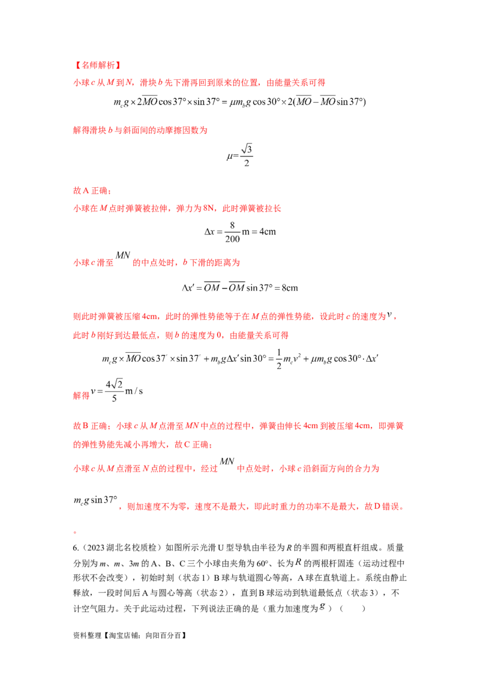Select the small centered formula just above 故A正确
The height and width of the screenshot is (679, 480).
[x=241, y=154]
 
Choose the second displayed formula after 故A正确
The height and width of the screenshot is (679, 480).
[x=240, y=288]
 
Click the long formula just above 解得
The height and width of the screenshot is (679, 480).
[x=240, y=359]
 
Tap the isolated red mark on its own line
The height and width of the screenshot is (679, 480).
[x=74, y=531]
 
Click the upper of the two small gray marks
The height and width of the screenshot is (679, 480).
[x=298, y=562]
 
